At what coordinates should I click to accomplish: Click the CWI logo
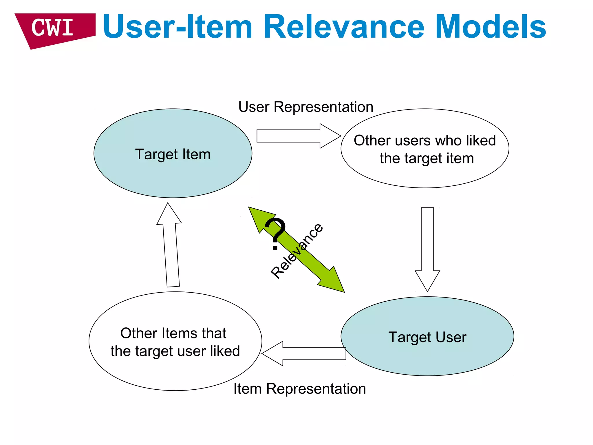click(54, 29)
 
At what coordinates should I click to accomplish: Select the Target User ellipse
click(427, 356)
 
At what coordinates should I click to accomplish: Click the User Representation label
click(305, 107)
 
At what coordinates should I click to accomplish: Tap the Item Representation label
click(299, 389)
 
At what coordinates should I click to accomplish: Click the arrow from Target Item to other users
click(298, 136)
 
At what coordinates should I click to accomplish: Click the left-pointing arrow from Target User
click(304, 353)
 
